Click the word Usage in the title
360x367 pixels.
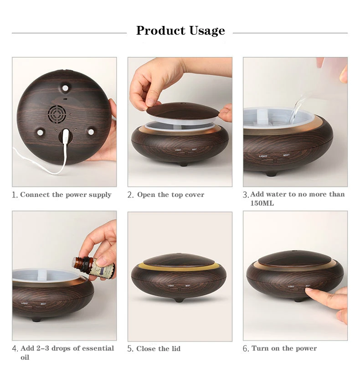(207, 31)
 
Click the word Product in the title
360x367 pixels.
(161, 30)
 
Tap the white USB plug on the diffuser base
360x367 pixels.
(66, 136)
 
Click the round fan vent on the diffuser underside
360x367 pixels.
(57, 114)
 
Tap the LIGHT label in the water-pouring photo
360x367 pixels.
(263, 156)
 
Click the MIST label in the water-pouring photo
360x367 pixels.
(286, 155)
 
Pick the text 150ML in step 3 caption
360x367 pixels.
(262, 203)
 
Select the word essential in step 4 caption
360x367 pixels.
(98, 348)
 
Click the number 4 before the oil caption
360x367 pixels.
(15, 348)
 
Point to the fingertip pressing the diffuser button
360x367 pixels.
(309, 291)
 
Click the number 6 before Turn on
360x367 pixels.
(246, 348)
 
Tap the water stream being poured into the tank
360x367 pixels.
(296, 109)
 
